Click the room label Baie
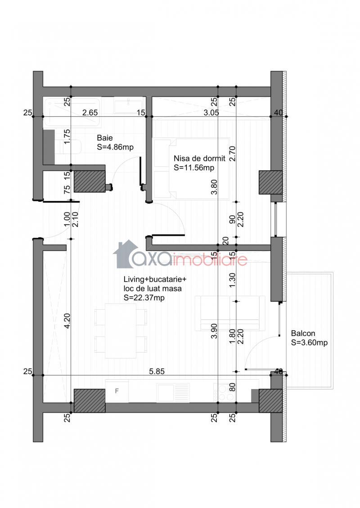(104, 138)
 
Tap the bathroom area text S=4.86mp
(115, 147)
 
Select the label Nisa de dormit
(199, 159)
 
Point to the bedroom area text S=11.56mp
(194, 168)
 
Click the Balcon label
(303, 333)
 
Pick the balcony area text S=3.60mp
(309, 342)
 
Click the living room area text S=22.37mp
(144, 298)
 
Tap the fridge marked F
(117, 391)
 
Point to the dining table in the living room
(121, 331)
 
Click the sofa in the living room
(230, 313)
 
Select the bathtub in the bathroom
(72, 112)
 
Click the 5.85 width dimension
(157, 371)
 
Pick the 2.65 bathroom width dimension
(90, 113)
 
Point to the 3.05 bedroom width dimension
(211, 113)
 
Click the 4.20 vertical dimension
(67, 321)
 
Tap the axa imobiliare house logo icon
(125, 254)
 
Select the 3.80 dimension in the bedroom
(214, 187)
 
